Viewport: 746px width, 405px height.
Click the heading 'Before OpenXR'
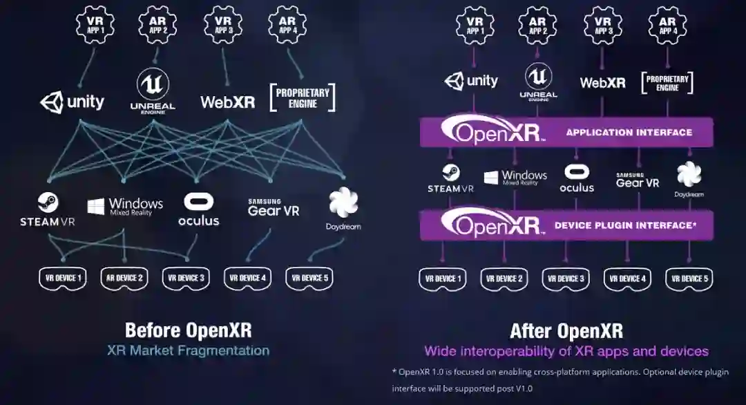(x=188, y=329)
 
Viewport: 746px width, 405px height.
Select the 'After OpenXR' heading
(x=566, y=330)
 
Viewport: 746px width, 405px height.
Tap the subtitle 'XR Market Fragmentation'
(x=188, y=350)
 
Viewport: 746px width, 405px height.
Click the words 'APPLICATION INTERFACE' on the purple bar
(x=629, y=132)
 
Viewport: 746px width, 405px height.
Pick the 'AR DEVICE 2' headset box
(x=124, y=278)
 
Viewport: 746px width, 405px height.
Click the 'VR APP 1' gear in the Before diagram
(x=95, y=26)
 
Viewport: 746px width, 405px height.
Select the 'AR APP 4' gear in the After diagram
(x=667, y=26)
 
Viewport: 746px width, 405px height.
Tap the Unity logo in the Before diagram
(x=73, y=102)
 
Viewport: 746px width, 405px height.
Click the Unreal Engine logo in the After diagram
(x=539, y=82)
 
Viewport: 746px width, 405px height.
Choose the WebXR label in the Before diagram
(x=227, y=102)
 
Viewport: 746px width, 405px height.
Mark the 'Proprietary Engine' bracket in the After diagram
(x=667, y=83)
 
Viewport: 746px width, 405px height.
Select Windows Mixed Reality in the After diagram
(x=515, y=178)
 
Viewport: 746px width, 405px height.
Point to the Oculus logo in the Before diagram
(x=198, y=210)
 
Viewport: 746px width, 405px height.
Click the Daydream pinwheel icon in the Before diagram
(x=343, y=202)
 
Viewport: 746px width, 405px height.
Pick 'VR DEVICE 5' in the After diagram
(x=689, y=279)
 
